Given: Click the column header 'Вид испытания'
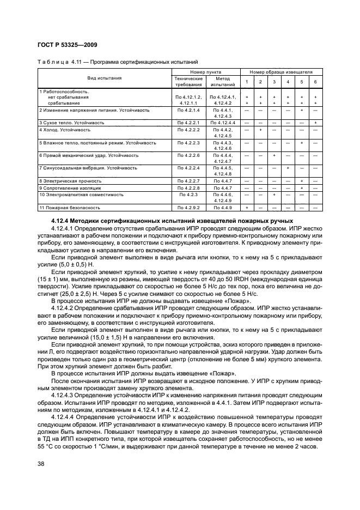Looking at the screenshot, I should tap(105, 78).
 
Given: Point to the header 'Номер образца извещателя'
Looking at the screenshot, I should tap(282, 72).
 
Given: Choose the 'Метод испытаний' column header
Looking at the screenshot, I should tap(223, 82).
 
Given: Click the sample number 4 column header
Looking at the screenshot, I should tap(288, 82).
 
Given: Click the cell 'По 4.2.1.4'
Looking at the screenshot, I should tap(188, 110).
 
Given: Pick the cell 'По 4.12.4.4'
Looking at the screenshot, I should tap(223, 123).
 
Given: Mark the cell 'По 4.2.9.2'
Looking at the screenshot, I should tap(188, 208).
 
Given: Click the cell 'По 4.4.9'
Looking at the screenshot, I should tap(223, 208).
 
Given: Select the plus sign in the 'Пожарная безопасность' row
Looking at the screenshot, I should tap(247, 208).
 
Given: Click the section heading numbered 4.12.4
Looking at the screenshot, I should tap(180, 218).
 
